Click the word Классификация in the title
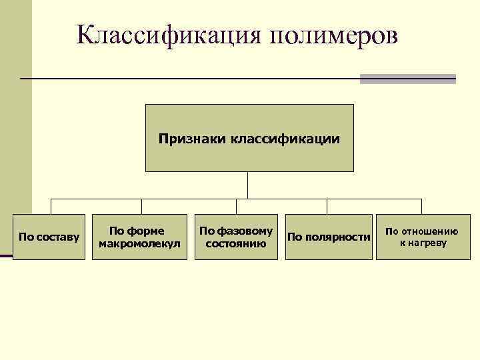tap(169, 35)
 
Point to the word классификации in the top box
tap(285, 139)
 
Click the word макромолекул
tap(139, 243)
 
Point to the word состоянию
tap(236, 243)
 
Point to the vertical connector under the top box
tap(248, 185)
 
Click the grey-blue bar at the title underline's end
tap(407, 79)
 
